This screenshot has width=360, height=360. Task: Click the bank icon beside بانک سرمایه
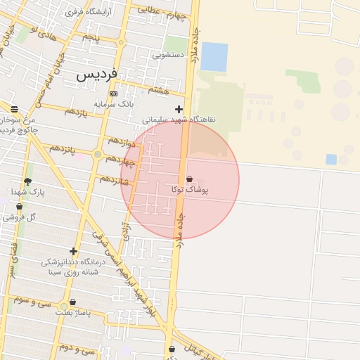tap(113, 94)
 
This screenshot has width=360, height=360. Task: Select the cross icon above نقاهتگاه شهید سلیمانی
tap(179, 109)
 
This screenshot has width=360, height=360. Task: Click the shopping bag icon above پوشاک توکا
tap(189, 179)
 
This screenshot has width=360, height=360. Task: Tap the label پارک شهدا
tap(28, 192)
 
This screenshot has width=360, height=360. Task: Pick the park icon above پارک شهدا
tap(27, 181)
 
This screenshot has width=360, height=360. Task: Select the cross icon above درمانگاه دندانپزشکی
tap(73, 251)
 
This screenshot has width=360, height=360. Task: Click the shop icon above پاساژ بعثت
tap(73, 303)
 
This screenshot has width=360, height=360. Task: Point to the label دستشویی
tap(169, 54)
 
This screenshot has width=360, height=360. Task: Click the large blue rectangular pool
tap(214, 56)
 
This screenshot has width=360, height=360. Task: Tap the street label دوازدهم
tap(122, 141)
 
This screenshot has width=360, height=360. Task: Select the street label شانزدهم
tap(114, 179)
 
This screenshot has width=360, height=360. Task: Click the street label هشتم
tap(158, 90)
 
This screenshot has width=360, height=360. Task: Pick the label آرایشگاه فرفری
tap(83, 13)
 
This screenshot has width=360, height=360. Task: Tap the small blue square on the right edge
tap(331, 160)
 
